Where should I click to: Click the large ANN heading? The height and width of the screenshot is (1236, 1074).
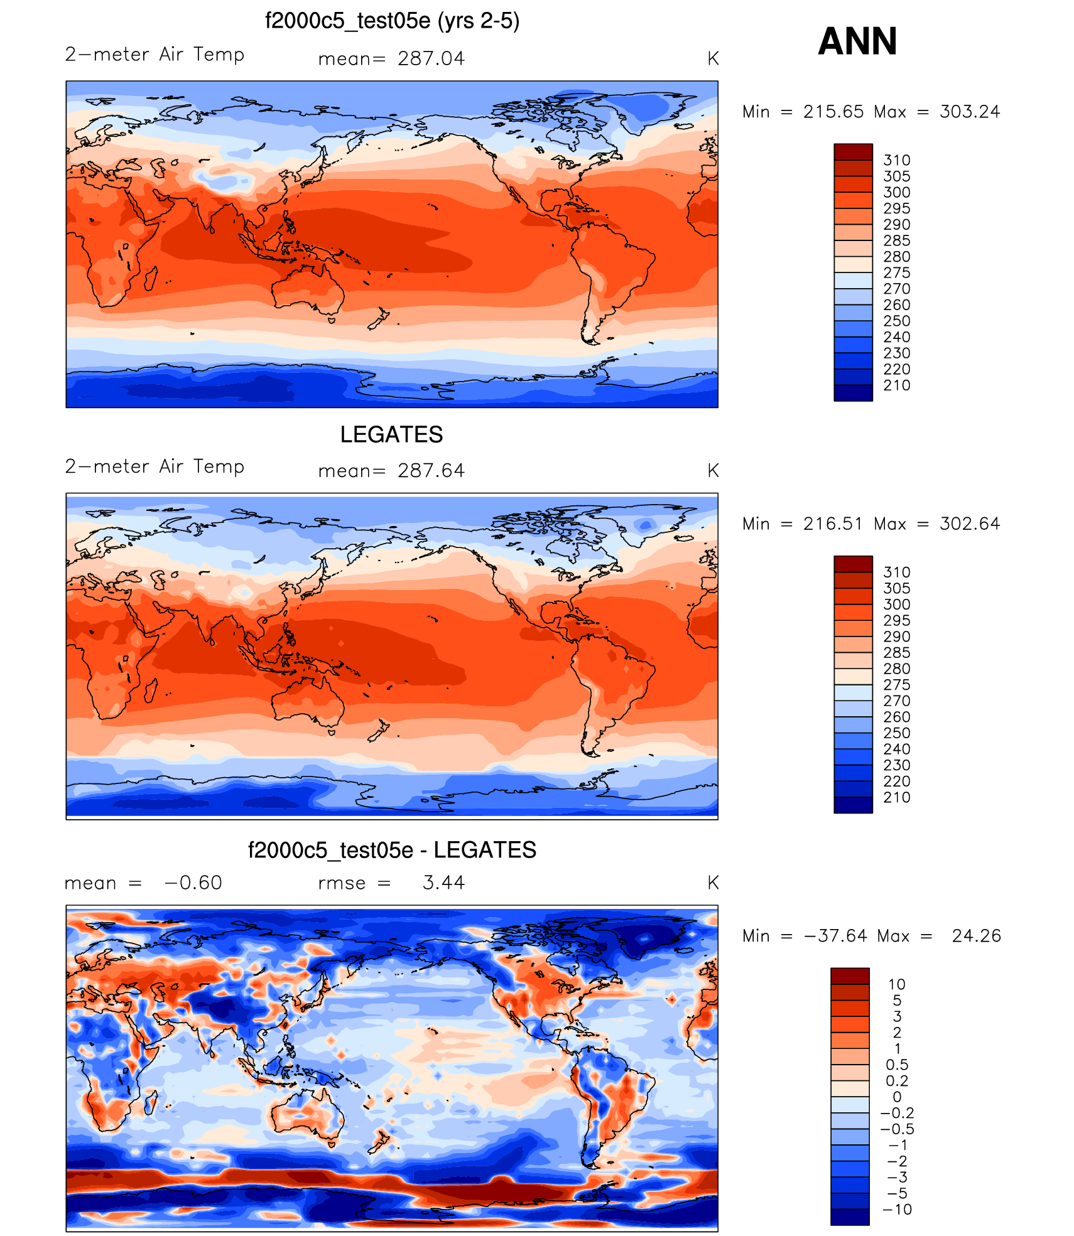point(857,41)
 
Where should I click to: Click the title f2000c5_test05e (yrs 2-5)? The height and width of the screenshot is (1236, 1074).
point(392,21)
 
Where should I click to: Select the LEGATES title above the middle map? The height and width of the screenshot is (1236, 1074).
point(391,434)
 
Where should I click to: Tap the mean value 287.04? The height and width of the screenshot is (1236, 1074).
point(431,58)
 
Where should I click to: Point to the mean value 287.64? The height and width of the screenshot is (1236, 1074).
point(431,470)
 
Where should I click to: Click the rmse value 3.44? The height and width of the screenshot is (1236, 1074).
point(443,883)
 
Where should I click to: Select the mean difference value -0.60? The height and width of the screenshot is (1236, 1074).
point(193,883)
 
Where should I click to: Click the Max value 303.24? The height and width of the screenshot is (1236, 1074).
point(969,112)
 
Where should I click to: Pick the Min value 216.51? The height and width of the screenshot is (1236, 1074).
point(833,524)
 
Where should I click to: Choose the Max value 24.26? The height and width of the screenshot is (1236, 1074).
point(976,936)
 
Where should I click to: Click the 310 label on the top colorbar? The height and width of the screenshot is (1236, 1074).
point(896,160)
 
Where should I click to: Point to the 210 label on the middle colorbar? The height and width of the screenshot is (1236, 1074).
point(896,797)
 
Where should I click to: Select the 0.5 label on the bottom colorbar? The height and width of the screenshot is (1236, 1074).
point(897,1065)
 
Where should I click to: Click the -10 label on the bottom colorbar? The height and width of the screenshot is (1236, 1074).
point(897,1210)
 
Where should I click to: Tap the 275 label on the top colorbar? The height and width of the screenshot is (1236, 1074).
point(896,272)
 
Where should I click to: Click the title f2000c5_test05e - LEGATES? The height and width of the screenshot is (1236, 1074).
point(392,850)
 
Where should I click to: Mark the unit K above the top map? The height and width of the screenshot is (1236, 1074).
point(713,58)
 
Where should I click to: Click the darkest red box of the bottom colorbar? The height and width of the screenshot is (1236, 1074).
point(850,976)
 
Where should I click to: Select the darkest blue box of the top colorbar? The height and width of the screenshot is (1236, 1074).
point(853,393)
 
